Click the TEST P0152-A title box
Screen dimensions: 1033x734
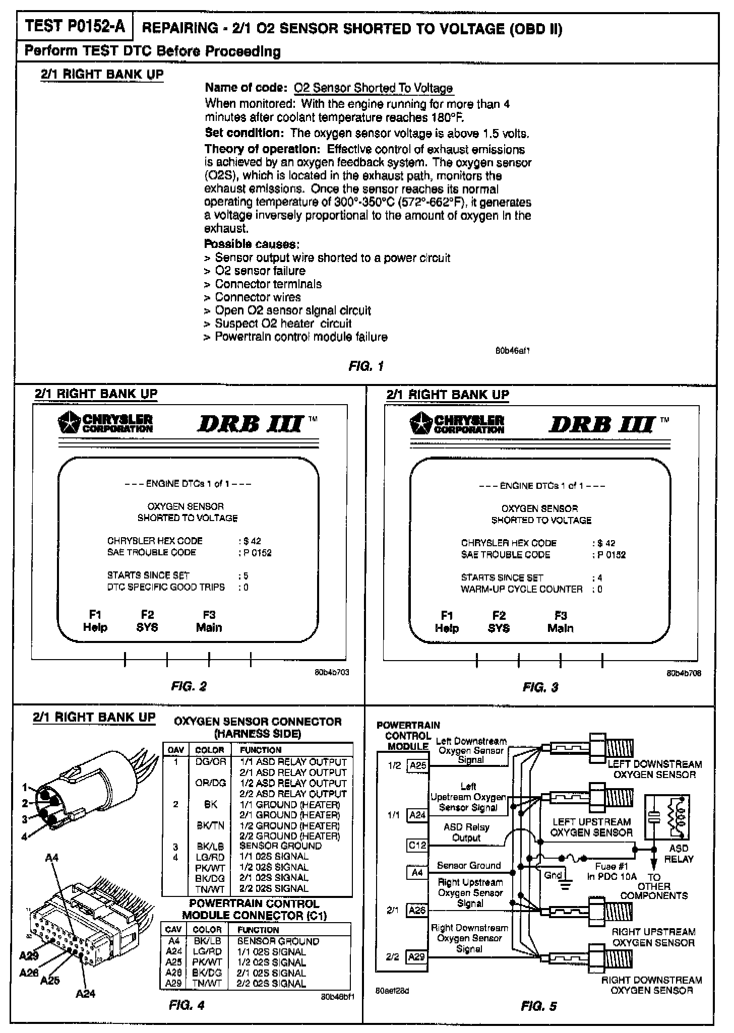[x=75, y=27]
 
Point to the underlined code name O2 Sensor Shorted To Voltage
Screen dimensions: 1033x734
[x=373, y=88]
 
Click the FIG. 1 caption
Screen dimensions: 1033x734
[x=366, y=366]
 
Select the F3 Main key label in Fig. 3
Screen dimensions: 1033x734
[x=560, y=622]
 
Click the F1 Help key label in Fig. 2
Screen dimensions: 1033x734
[x=95, y=621]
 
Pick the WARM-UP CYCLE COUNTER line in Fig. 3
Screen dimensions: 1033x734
[x=521, y=589]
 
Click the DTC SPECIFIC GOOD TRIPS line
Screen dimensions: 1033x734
[x=166, y=587]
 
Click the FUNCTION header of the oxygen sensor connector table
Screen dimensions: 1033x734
[x=260, y=750]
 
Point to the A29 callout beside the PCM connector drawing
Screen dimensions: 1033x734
[x=29, y=955]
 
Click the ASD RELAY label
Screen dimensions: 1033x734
[x=679, y=854]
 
